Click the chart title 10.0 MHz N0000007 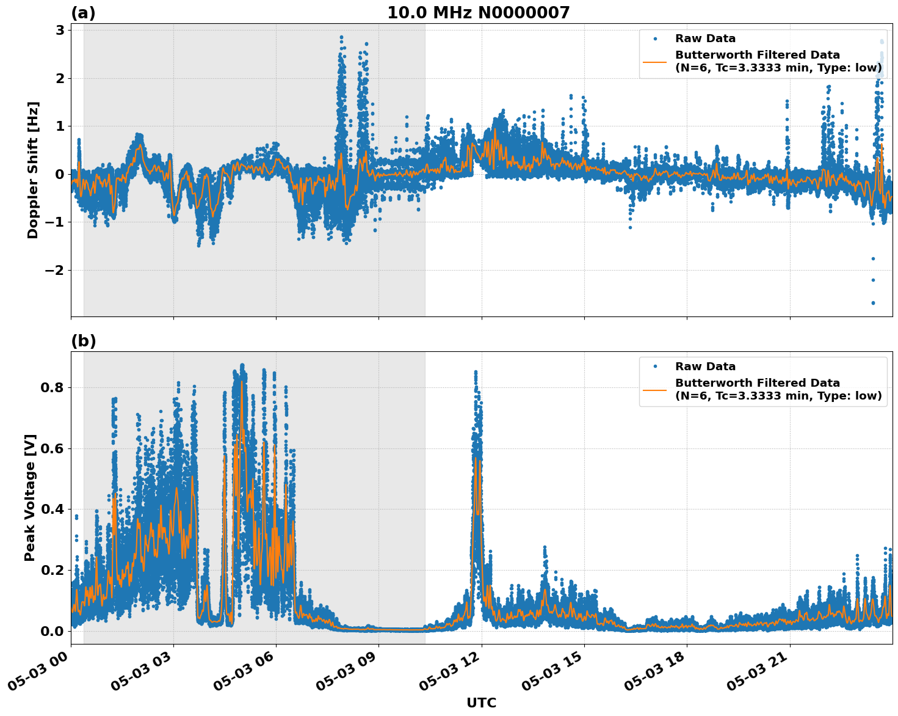(x=478, y=13)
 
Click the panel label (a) (x=83, y=13)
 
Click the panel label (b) (x=83, y=341)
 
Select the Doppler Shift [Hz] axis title (x=33, y=170)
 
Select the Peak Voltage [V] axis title (x=30, y=497)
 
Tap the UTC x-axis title (x=481, y=703)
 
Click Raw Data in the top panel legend (x=705, y=38)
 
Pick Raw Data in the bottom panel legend (x=705, y=367)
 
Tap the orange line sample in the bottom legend (x=654, y=389)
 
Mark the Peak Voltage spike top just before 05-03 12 (x=476, y=371)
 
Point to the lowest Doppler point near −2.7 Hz (x=873, y=302)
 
